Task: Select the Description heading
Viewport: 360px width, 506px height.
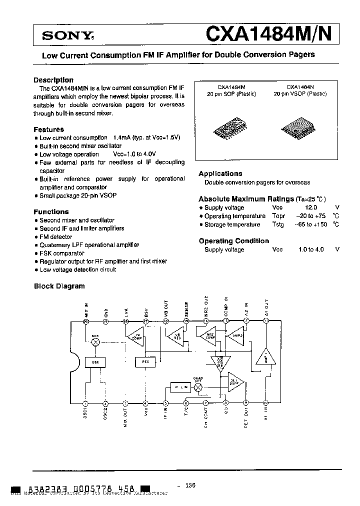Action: pyautogui.click(x=53, y=80)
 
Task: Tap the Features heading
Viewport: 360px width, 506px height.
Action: pyautogui.click(x=48, y=129)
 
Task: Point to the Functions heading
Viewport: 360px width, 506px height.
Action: pyautogui.click(x=51, y=211)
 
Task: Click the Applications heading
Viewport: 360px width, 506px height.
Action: pyautogui.click(x=220, y=173)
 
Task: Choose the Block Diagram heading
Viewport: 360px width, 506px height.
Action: pyautogui.click(x=59, y=286)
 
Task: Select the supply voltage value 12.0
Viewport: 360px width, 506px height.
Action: pyautogui.click(x=311, y=207)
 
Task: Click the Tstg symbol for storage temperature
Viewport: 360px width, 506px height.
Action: pyautogui.click(x=278, y=224)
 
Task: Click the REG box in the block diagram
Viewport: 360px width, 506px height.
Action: pyautogui.click(x=145, y=360)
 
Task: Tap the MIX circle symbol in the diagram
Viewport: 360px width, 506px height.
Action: pyautogui.click(x=96, y=341)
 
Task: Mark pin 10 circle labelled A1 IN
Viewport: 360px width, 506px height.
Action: pyautogui.click(x=265, y=403)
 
